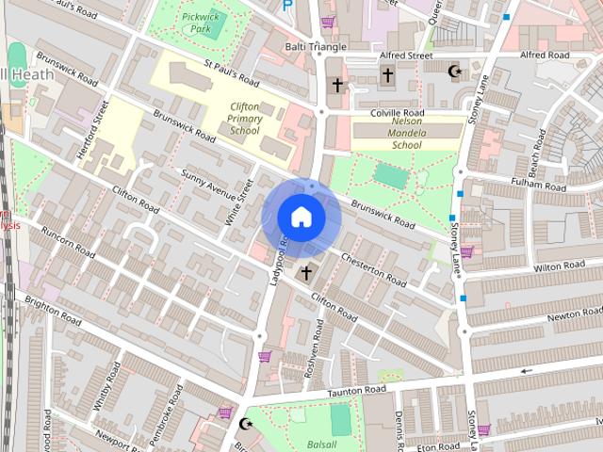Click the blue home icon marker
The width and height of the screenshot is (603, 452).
(x=300, y=217)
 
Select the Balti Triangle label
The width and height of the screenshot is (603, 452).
(x=316, y=46)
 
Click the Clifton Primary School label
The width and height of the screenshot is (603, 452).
(x=243, y=119)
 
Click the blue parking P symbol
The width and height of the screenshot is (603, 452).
(x=287, y=6)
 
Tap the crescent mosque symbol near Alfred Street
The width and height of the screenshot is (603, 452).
(x=454, y=72)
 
